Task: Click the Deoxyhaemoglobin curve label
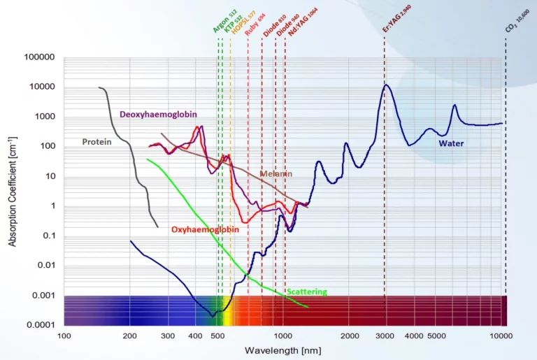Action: pos(158,114)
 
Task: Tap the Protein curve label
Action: pos(96,142)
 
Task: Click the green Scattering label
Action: pos(307,291)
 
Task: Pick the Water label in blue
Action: pos(450,143)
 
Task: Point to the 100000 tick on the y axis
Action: pos(40,57)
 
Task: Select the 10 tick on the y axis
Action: pos(50,176)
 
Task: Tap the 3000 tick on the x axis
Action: pos(385,336)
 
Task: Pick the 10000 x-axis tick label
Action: pos(502,336)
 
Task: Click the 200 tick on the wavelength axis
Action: pos(130,336)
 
